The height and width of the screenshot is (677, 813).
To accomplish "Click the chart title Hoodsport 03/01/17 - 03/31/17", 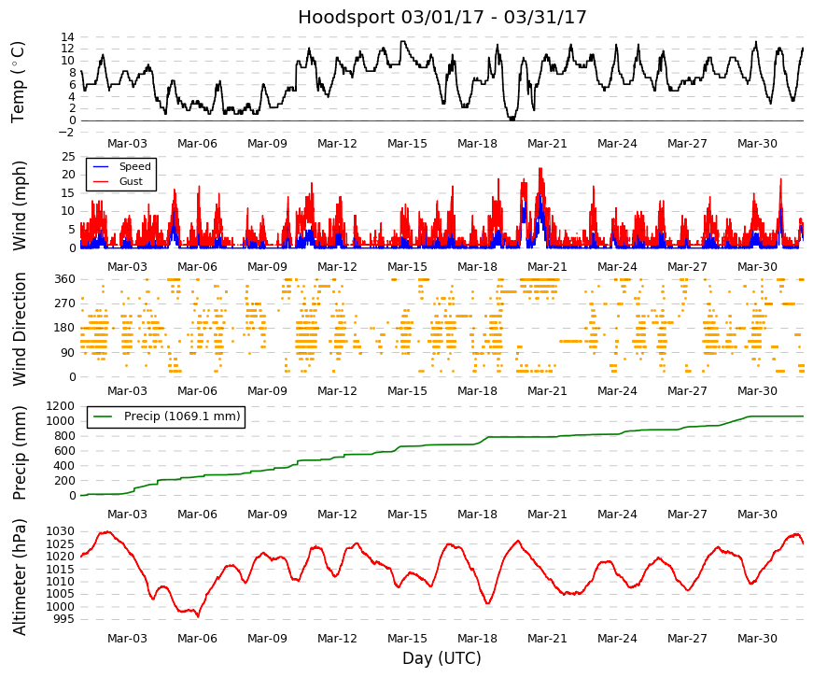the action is coord(442,17).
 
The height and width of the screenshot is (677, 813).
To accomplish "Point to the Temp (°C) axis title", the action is coord(18,82).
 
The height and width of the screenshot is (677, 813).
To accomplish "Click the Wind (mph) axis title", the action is coord(19,205).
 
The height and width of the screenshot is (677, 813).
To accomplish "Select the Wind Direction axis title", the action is coord(19,329).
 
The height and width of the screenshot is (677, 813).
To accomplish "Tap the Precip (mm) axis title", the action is coord(19,453).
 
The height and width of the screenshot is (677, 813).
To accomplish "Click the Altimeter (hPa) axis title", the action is coord(19,576).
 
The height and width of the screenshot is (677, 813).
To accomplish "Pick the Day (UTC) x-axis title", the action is coord(442,658).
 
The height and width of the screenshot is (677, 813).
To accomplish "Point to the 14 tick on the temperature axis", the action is coord(68,36).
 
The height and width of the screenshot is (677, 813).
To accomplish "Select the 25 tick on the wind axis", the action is coord(68,157).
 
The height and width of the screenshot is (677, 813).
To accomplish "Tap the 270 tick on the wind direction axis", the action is coord(65,303).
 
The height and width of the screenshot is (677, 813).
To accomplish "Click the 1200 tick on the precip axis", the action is coord(60,405).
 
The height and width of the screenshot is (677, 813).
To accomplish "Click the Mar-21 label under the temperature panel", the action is coord(547,144).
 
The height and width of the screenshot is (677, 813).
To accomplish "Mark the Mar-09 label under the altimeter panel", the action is coord(267,639).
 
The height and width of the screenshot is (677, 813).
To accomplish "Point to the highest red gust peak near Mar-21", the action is coord(540,169).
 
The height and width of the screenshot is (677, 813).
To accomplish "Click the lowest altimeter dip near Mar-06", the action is coord(198,616).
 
